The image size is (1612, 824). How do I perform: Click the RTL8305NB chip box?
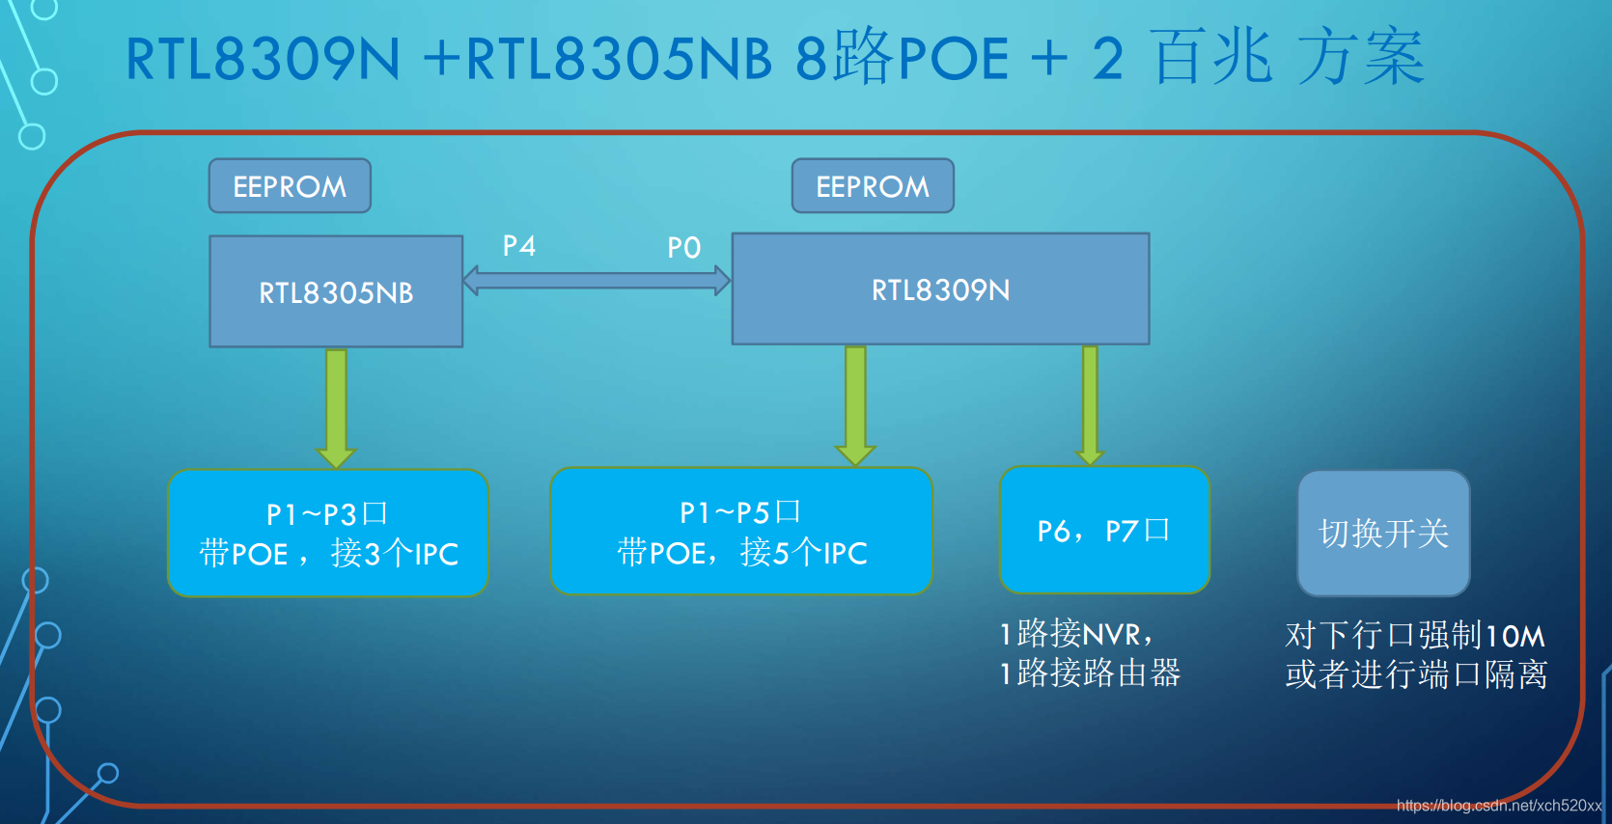click(336, 291)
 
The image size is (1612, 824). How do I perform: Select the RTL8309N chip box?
click(940, 288)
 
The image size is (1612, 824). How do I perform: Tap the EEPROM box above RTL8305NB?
click(290, 186)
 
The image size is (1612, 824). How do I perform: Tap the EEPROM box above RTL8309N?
click(873, 186)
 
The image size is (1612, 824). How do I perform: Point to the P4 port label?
click(519, 246)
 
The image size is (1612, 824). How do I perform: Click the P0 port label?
click(683, 248)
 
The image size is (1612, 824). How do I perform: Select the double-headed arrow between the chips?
click(597, 281)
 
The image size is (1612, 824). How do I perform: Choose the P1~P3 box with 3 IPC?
click(328, 533)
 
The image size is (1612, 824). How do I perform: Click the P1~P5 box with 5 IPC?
click(741, 531)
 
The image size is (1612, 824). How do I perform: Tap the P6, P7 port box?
click(1104, 530)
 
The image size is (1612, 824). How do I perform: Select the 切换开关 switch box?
click(1383, 533)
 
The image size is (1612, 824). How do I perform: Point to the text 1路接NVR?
click(1076, 634)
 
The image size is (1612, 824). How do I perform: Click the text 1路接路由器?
click(1091, 673)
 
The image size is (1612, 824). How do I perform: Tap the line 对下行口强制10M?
click(1415, 635)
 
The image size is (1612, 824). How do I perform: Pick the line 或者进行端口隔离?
click(1416, 674)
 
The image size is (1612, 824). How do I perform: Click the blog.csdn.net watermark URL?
click(1498, 806)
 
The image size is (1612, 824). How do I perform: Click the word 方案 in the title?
click(1361, 58)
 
